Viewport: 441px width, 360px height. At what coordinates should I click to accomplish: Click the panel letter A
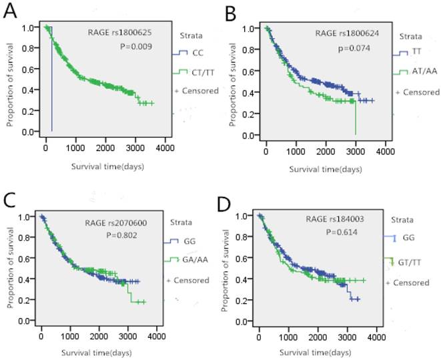click(11, 13)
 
